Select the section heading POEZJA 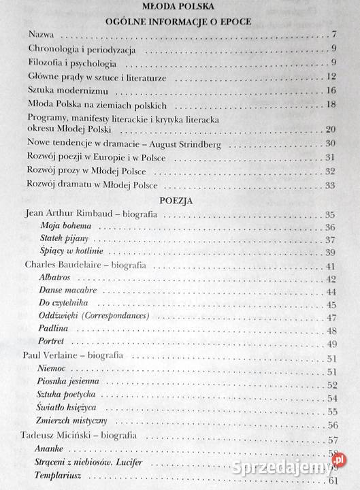pyautogui.click(x=180, y=201)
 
